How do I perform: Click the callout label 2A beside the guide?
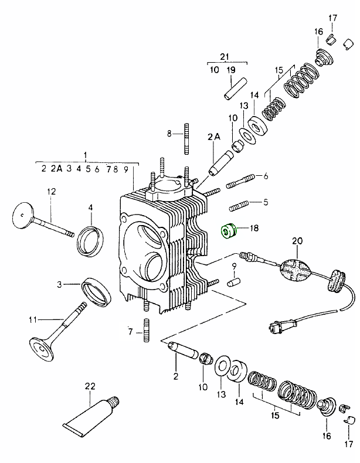(x=213, y=137)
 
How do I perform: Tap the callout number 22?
(x=89, y=386)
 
